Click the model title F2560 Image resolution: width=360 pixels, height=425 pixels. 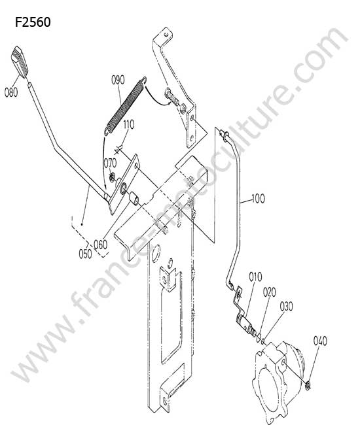pyautogui.click(x=33, y=22)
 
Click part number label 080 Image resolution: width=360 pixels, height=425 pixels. pyautogui.click(x=11, y=92)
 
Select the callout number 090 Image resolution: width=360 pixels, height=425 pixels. pyautogui.click(x=118, y=80)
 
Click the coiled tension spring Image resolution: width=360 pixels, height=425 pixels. pyautogui.click(x=126, y=105)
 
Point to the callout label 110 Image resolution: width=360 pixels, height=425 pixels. pyautogui.click(x=128, y=124)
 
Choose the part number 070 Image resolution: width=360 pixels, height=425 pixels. pyautogui.click(x=110, y=163)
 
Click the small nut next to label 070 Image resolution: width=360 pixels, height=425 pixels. pyautogui.click(x=111, y=178)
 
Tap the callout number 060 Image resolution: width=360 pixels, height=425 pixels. pyautogui.click(x=100, y=245)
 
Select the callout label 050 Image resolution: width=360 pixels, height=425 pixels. pyautogui.click(x=85, y=254)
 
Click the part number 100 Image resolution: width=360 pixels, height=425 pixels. pyautogui.click(x=259, y=199)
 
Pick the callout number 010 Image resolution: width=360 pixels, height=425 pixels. pyautogui.click(x=255, y=277)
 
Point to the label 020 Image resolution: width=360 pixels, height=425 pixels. pyautogui.click(x=270, y=292)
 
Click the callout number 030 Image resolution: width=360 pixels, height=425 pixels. pyautogui.click(x=287, y=307)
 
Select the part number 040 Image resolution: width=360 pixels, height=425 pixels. pyautogui.click(x=320, y=341)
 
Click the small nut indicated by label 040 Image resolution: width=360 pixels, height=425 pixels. pyautogui.click(x=308, y=386)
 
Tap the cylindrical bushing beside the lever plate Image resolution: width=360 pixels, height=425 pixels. pyautogui.click(x=134, y=198)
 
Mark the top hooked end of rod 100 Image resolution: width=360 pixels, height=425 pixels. pyautogui.click(x=225, y=135)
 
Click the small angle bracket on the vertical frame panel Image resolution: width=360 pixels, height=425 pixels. pyautogui.click(x=168, y=279)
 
